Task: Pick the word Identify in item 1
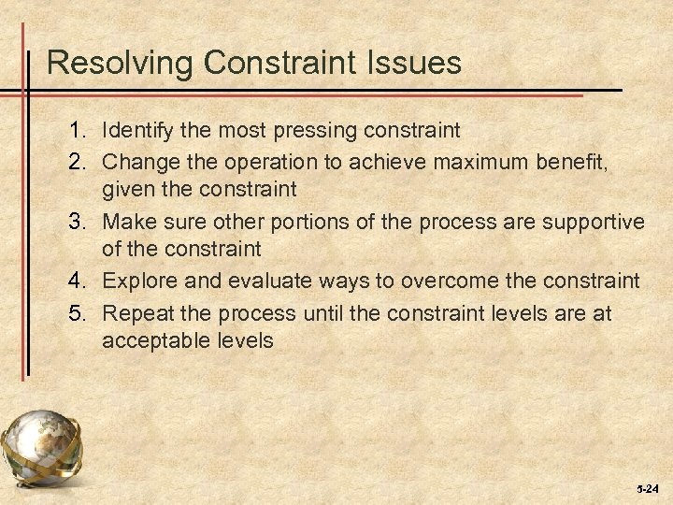point(136,128)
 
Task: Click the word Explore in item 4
point(139,281)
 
